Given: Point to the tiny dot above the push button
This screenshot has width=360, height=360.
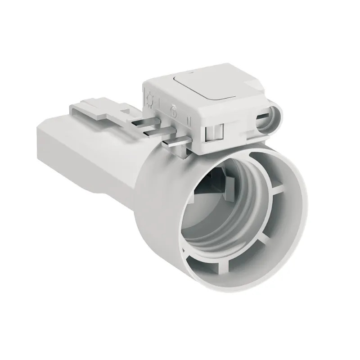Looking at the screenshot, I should tap(191, 72).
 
